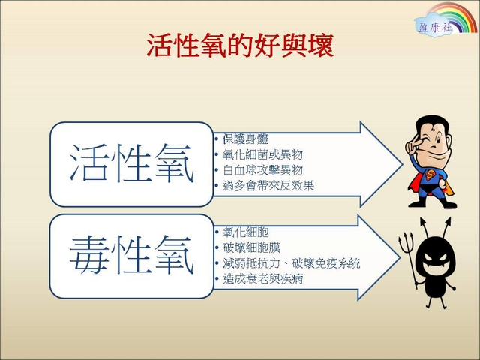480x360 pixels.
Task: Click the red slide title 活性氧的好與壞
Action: tap(240, 46)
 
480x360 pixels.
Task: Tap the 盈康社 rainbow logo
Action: tap(445, 19)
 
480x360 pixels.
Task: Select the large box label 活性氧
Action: tap(132, 163)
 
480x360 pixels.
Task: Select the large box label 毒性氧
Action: tap(132, 255)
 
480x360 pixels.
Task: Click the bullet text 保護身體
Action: tap(245, 139)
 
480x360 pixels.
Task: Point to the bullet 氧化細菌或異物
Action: tap(263, 154)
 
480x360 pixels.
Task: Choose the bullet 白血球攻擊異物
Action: tap(263, 170)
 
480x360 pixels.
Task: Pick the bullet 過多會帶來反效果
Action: tap(268, 185)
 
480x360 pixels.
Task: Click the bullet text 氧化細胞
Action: tap(246, 232)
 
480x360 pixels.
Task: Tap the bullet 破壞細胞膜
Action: tap(252, 247)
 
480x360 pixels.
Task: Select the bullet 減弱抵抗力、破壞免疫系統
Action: tap(292, 263)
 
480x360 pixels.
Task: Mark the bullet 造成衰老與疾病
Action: tap(263, 279)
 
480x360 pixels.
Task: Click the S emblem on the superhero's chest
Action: tap(430, 175)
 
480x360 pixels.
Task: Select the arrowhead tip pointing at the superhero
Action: tap(402, 164)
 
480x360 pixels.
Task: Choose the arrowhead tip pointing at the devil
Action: tap(399, 257)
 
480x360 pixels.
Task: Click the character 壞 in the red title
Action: tap(321, 46)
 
